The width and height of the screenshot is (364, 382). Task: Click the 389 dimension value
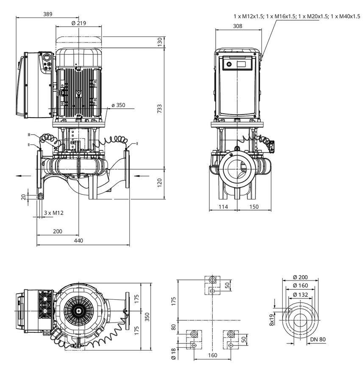pyautogui.click(x=47, y=14)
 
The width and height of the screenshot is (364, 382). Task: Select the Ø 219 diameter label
pyautogui.click(x=79, y=23)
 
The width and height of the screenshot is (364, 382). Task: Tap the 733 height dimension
pyautogui.click(x=159, y=109)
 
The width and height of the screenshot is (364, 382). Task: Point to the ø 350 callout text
pyautogui.click(x=118, y=105)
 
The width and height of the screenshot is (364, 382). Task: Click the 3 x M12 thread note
pyautogui.click(x=54, y=213)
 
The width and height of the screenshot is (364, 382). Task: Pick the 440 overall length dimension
pyautogui.click(x=78, y=241)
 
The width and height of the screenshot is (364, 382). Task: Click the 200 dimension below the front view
pyautogui.click(x=58, y=231)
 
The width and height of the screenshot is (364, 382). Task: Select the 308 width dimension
pyautogui.click(x=238, y=26)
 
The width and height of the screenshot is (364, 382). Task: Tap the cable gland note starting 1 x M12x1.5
pyautogui.click(x=297, y=16)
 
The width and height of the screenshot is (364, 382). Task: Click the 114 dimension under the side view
pyautogui.click(x=223, y=207)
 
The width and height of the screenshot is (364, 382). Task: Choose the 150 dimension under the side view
pyautogui.click(x=254, y=207)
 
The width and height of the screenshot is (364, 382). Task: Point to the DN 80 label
pyautogui.click(x=318, y=340)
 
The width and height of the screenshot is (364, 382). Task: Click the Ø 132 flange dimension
pyautogui.click(x=300, y=295)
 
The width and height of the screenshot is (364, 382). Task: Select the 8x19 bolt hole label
pyautogui.click(x=272, y=320)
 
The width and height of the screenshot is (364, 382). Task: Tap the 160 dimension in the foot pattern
pyautogui.click(x=213, y=355)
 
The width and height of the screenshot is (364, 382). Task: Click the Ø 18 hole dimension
pyautogui.click(x=173, y=354)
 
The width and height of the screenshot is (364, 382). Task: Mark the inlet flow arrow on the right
pyautogui.click(x=142, y=176)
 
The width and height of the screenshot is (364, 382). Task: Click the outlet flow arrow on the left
pyautogui.click(x=24, y=176)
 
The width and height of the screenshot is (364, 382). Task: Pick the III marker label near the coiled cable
pyautogui.click(x=29, y=135)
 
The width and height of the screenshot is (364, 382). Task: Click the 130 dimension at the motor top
pyautogui.click(x=159, y=42)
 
